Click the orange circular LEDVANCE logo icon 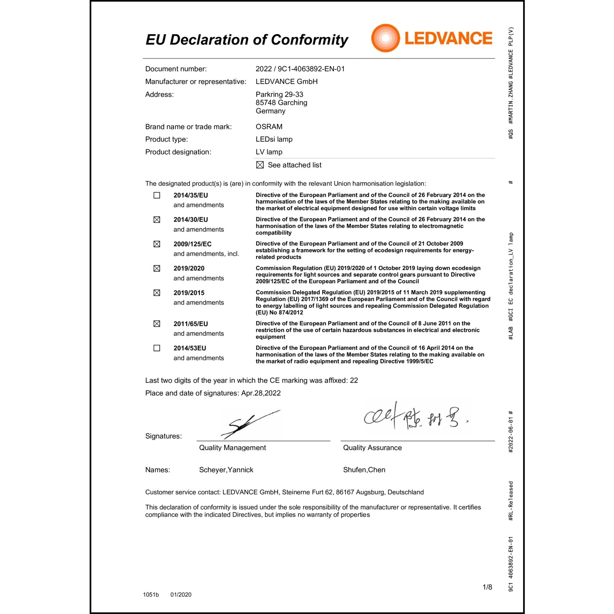[385, 38]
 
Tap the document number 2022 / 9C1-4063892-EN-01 [300, 69]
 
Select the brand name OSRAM [269, 126]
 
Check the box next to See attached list [260, 165]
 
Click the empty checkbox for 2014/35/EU [157, 195]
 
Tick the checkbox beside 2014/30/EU [157, 220]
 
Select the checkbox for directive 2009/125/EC [157, 244]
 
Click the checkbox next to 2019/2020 [157, 269]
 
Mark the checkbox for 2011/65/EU [157, 324]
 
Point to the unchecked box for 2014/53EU [157, 348]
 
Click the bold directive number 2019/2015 [189, 293]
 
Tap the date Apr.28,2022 [261, 393]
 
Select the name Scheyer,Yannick [226, 470]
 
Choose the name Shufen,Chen [364, 470]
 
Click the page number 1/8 [487, 587]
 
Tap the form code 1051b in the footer [151, 594]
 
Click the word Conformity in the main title [309, 40]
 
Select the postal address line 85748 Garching [281, 103]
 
